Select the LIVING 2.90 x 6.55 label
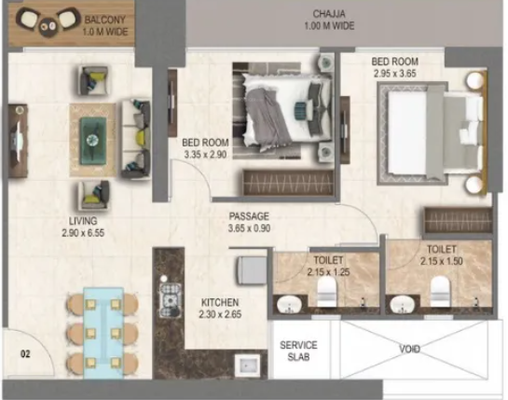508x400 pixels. coord(79,228)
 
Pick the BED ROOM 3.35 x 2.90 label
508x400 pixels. coord(206,149)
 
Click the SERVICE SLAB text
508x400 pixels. coord(299,352)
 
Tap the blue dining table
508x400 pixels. coord(96,329)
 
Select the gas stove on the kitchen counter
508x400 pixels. coord(172,300)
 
